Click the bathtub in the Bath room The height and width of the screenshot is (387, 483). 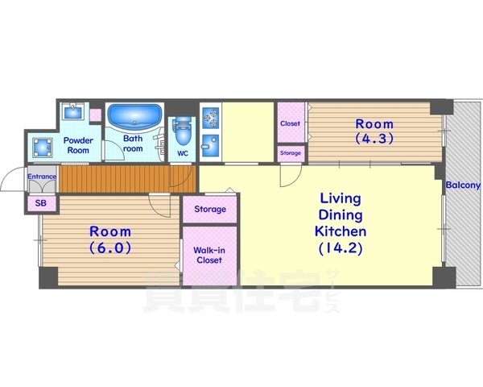(x=134, y=117)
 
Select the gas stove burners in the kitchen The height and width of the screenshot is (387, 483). (x=211, y=118)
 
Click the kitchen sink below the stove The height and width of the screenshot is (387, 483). (x=211, y=145)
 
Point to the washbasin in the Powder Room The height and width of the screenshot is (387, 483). (x=73, y=111)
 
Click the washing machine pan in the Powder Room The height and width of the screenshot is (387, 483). (x=43, y=147)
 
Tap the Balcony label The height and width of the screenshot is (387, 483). (x=464, y=185)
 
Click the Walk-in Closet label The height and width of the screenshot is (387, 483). (x=209, y=255)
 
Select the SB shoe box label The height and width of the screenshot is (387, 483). (x=41, y=203)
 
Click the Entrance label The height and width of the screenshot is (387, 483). (x=42, y=177)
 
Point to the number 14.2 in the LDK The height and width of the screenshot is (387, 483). (x=341, y=248)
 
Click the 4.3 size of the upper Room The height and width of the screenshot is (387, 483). (x=374, y=138)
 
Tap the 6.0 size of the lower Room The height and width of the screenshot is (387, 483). (x=110, y=247)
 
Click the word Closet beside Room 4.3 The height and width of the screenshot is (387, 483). (x=290, y=123)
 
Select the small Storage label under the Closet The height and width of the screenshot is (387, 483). (x=291, y=153)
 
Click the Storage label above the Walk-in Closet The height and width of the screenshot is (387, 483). (x=210, y=210)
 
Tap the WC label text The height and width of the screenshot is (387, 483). (x=183, y=153)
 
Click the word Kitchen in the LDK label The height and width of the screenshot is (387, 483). (x=341, y=231)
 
